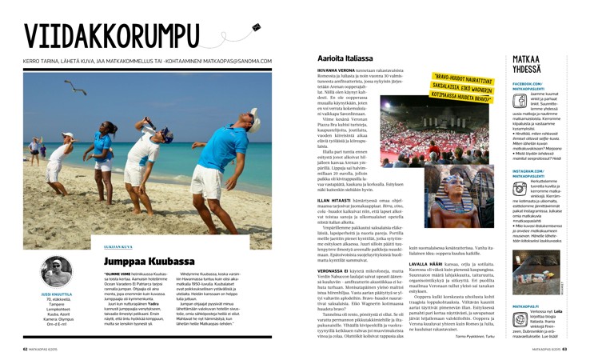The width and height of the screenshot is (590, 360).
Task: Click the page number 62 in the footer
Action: click(x=25, y=349)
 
